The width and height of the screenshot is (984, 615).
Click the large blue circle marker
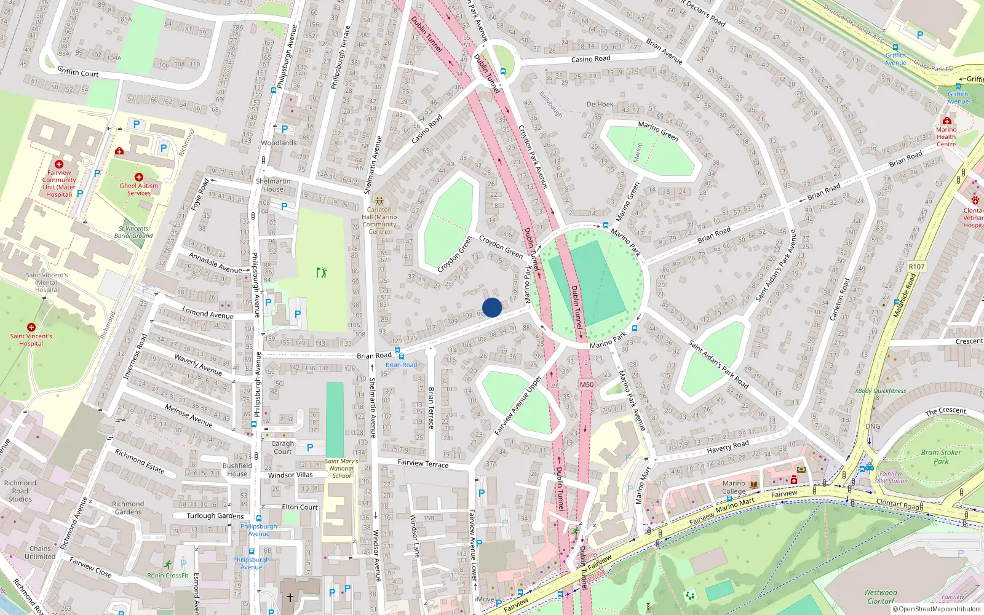click(x=492, y=307)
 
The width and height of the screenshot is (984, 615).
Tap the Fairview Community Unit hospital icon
click(x=59, y=164)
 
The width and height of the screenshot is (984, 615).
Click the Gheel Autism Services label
click(x=139, y=189)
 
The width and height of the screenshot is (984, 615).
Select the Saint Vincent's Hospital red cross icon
click(x=31, y=327)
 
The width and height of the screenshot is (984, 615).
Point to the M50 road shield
click(x=587, y=384)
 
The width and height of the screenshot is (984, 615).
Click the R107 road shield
click(x=916, y=267)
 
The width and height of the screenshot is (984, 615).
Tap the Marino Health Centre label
click(x=946, y=137)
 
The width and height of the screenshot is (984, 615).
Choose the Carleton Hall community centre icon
click(x=379, y=201)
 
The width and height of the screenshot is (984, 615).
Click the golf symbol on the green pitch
click(x=322, y=272)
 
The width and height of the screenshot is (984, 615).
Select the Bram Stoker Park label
click(x=940, y=456)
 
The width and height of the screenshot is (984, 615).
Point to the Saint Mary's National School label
click(x=341, y=468)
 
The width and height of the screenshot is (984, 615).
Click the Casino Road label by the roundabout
click(x=590, y=59)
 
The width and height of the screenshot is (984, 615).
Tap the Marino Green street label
click(x=657, y=130)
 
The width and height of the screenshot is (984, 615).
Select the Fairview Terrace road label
click(x=423, y=463)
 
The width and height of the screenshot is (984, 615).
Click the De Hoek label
click(x=600, y=105)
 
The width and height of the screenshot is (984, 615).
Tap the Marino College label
click(x=734, y=487)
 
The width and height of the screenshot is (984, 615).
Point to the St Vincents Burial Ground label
click(x=133, y=232)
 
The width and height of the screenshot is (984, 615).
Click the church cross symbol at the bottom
click(x=290, y=597)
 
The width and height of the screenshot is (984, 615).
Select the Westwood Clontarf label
click(x=880, y=597)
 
